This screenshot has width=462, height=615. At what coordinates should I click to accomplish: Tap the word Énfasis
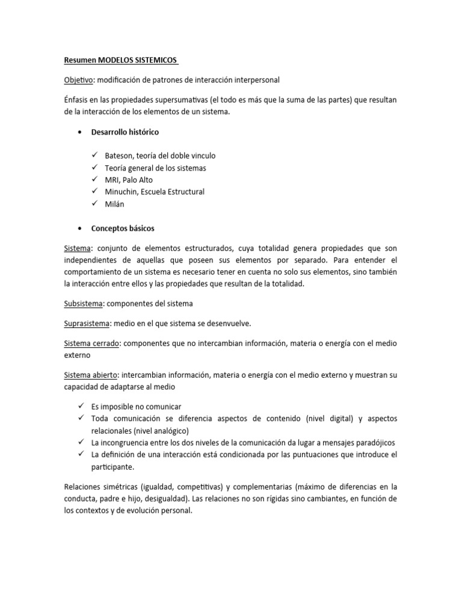[78, 99]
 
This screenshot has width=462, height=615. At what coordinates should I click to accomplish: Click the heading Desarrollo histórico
[125, 132]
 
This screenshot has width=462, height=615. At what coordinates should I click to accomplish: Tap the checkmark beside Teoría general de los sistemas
[94, 168]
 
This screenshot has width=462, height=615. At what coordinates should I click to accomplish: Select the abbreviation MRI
[112, 180]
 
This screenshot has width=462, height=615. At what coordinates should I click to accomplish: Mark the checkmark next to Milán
[94, 204]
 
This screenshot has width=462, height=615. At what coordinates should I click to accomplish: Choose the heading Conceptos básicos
[123, 228]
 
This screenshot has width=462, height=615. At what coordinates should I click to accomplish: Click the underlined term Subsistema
[85, 303]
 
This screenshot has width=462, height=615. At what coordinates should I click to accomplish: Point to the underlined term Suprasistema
[87, 323]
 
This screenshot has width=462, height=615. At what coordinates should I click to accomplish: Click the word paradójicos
[371, 442]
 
